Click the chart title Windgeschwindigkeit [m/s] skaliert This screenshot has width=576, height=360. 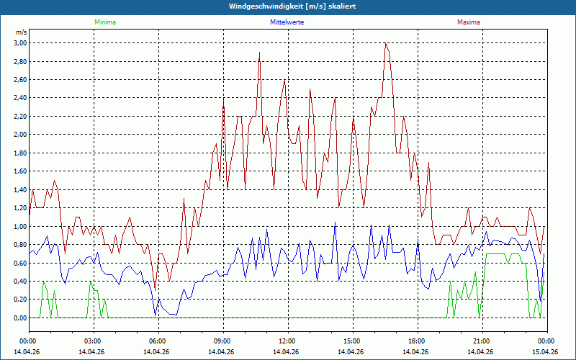(x=288, y=6)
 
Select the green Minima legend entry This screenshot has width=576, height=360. (x=104, y=22)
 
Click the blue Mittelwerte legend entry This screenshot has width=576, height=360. (x=287, y=22)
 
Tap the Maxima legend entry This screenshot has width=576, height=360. (x=468, y=22)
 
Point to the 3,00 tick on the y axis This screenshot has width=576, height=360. (x=19, y=43)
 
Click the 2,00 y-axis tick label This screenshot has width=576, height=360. (x=19, y=135)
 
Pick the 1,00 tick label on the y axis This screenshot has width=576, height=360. (x=19, y=226)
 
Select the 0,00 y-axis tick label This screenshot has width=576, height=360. (x=19, y=318)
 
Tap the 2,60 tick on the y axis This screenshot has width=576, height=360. (x=19, y=80)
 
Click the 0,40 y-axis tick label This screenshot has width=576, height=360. (x=19, y=281)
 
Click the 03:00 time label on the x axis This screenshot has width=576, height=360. (x=93, y=341)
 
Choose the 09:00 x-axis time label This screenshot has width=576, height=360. (x=222, y=341)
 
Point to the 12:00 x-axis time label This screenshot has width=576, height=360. (x=287, y=341)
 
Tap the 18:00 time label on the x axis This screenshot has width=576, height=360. (x=417, y=341)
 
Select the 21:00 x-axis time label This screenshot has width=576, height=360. (x=482, y=341)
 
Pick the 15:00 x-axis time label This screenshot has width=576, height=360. (x=352, y=341)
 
